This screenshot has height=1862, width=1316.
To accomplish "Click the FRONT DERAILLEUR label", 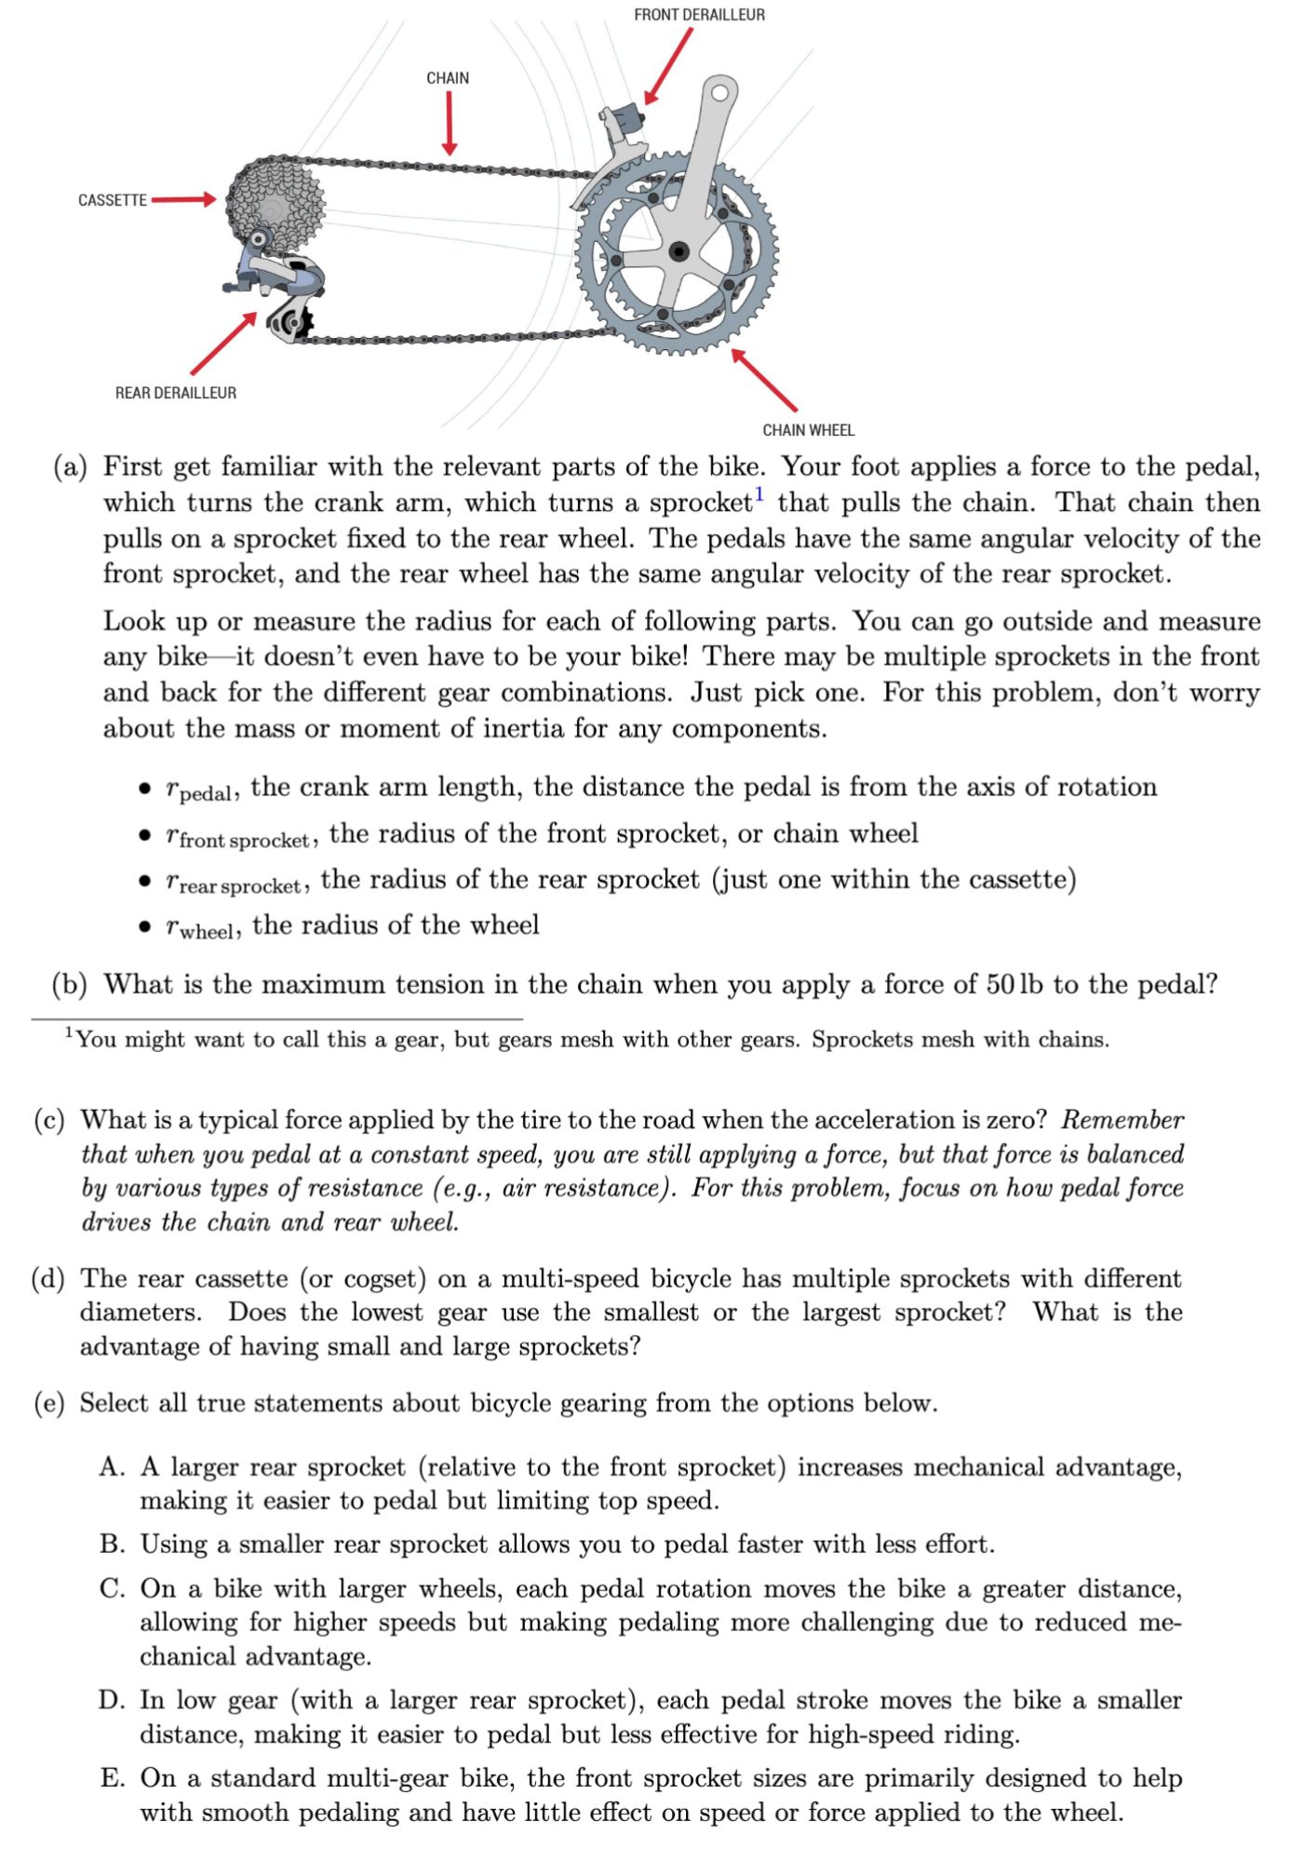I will tap(699, 15).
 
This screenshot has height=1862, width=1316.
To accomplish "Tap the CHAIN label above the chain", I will tap(448, 78).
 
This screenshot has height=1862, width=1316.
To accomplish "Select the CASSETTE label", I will tap(113, 200).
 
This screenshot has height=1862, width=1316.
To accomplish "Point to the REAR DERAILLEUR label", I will tap(176, 393).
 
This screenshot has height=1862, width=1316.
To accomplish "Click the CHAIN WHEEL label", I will tap(808, 430).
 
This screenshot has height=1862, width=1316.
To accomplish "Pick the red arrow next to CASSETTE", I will tap(183, 199).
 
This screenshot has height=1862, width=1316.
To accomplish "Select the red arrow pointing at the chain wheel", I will tap(764, 380).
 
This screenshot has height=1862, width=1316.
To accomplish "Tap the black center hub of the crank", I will tap(679, 250).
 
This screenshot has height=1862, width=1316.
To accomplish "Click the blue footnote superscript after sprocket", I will tap(759, 493).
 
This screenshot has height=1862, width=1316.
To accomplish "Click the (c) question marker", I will tap(49, 1120).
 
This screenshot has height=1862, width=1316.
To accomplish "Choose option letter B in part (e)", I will tap(114, 1545).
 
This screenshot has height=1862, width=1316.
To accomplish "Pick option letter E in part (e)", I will tap(114, 1779).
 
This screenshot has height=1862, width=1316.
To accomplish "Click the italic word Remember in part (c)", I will tap(1121, 1120).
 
